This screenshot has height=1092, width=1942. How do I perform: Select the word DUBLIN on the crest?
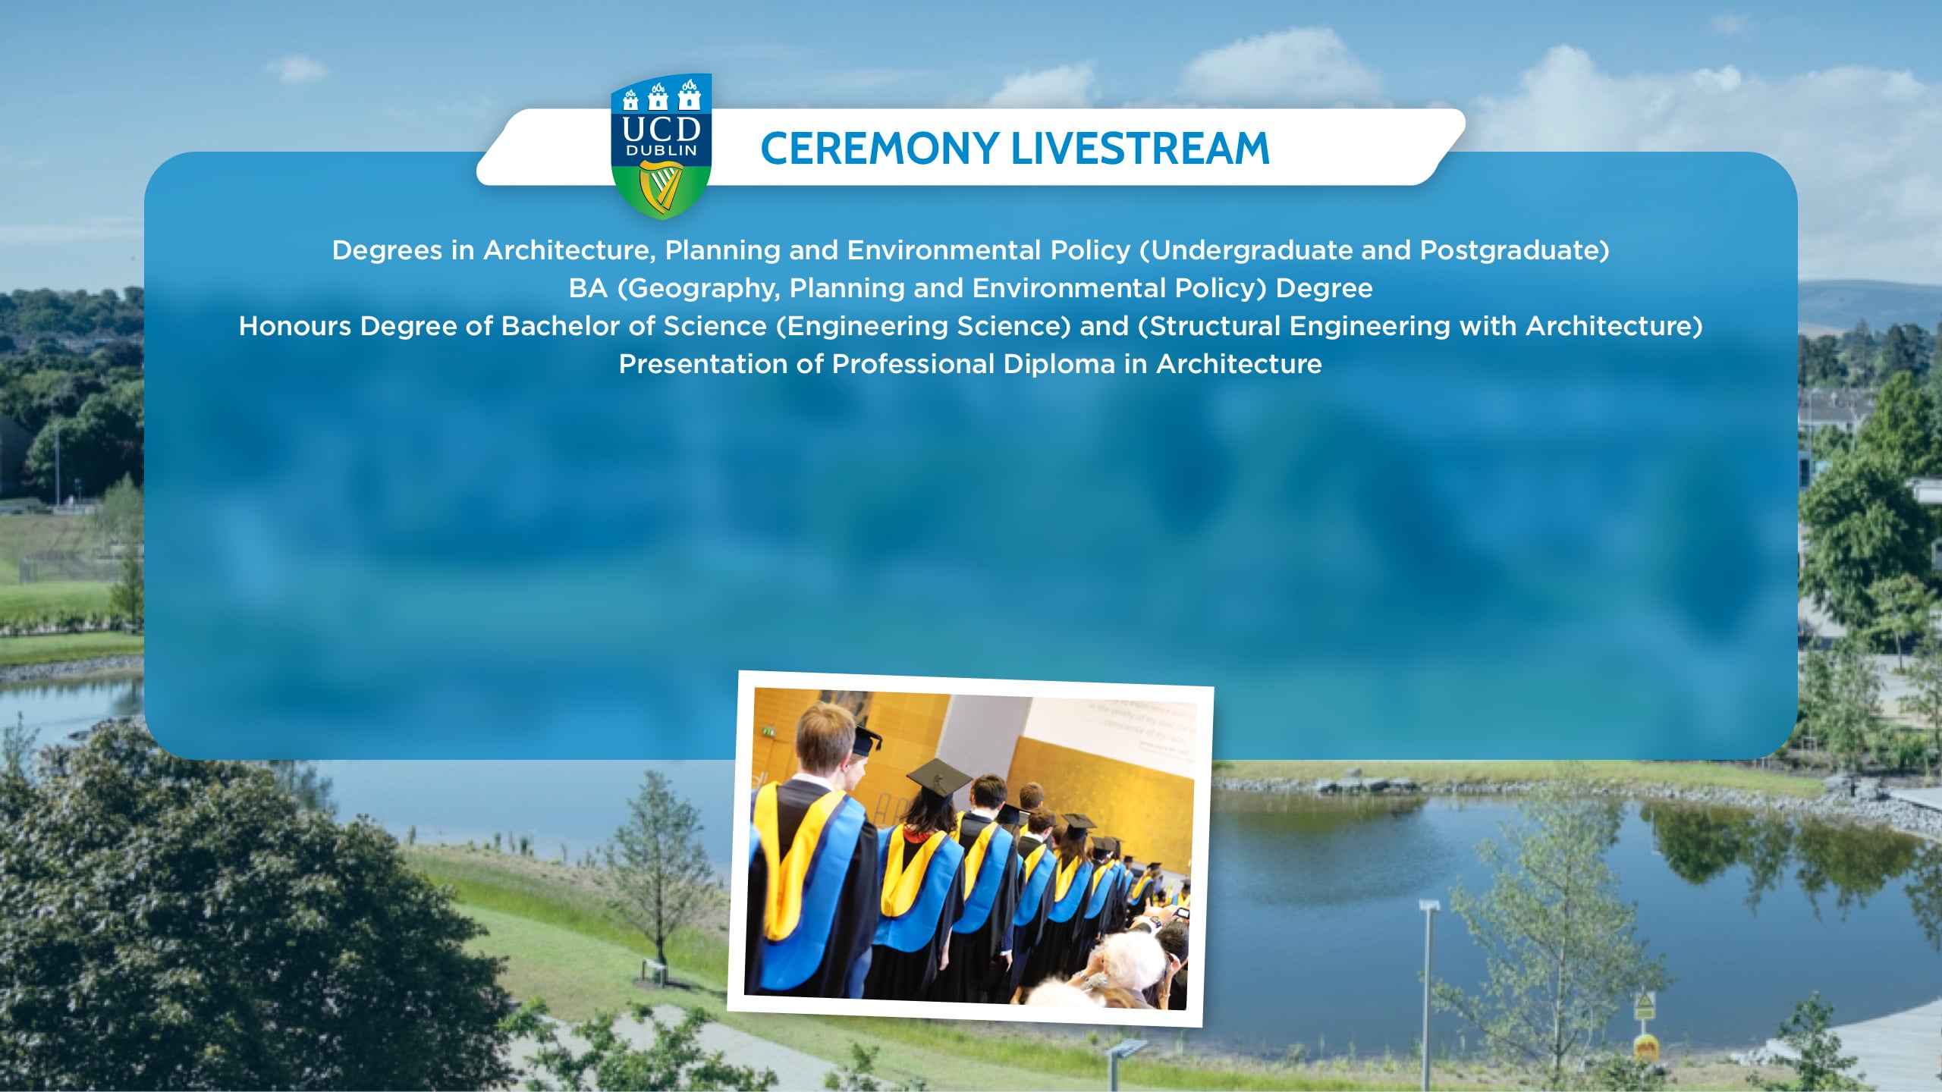(x=661, y=151)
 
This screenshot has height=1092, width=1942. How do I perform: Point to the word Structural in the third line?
(x=1215, y=326)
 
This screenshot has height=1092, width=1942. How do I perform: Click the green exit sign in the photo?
(x=768, y=731)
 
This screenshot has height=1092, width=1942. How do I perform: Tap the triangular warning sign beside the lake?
(x=1643, y=1006)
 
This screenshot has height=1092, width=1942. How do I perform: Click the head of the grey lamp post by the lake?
(x=1429, y=906)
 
